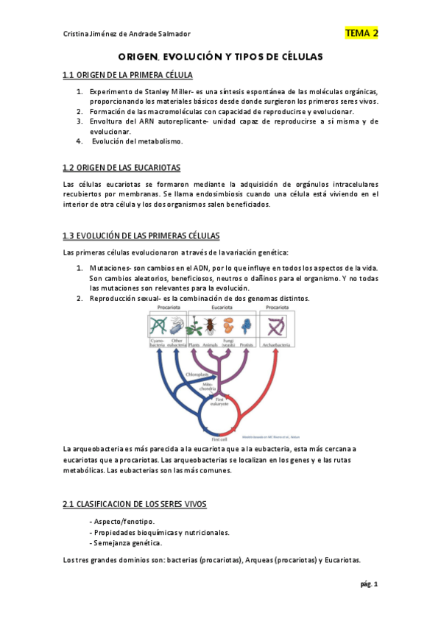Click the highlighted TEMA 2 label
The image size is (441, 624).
coord(361,33)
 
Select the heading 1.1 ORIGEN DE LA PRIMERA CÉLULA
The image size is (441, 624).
coord(127,75)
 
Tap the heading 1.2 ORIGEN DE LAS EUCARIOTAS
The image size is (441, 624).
coord(121,168)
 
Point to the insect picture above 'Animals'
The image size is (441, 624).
coord(208,324)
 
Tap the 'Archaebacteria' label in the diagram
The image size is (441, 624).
coord(278,344)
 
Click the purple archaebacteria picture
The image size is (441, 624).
coord(278,324)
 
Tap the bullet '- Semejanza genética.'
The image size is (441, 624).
coord(124,543)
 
